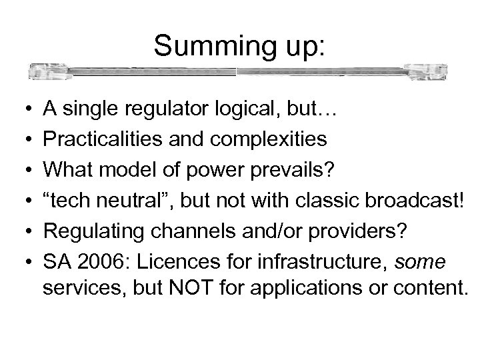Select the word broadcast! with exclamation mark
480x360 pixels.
tap(421, 197)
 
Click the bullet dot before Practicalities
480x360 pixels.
tap(22, 139)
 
